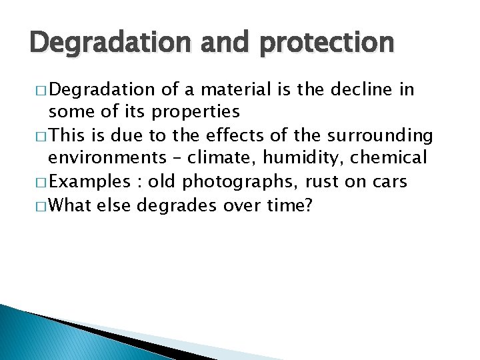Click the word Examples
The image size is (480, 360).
pyautogui.click(x=89, y=182)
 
